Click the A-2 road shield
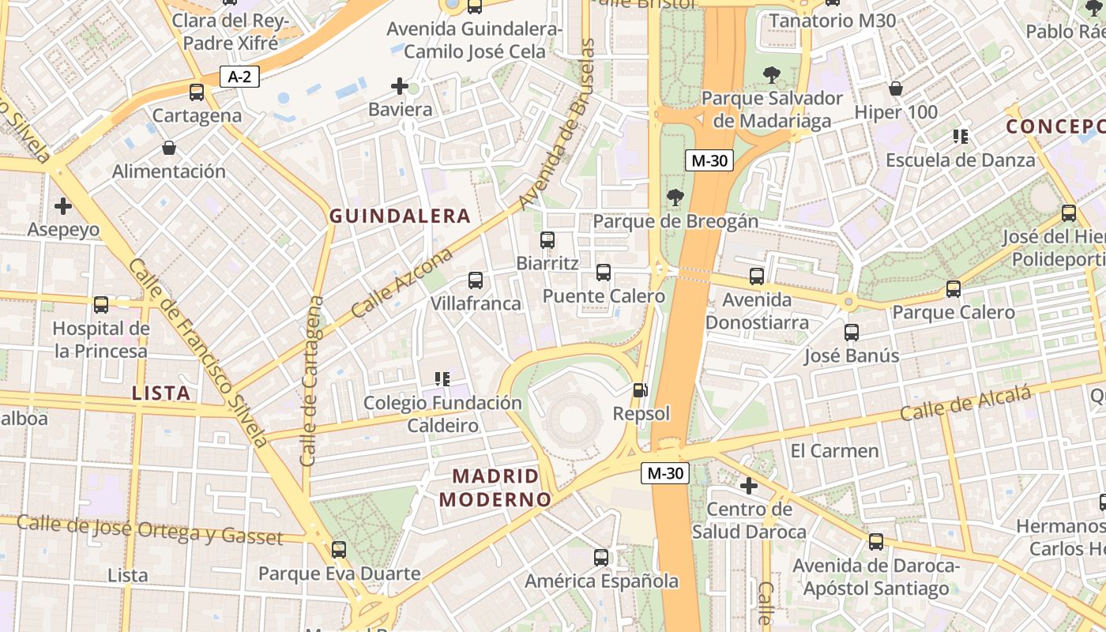click(x=239, y=77)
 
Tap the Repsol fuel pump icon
click(x=641, y=389)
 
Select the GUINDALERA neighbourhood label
click(x=400, y=216)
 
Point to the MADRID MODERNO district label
click(x=495, y=487)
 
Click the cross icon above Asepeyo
click(x=63, y=207)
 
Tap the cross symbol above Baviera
click(x=400, y=86)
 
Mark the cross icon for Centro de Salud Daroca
click(x=748, y=485)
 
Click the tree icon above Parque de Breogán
click(x=675, y=197)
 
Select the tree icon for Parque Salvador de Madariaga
click(x=772, y=75)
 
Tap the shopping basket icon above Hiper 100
click(x=896, y=88)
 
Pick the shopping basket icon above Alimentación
click(x=168, y=148)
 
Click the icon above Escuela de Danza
click(x=961, y=137)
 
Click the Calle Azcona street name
click(x=402, y=282)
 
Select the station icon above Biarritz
click(x=547, y=240)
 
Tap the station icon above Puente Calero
click(x=604, y=273)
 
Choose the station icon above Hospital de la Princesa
click(x=101, y=305)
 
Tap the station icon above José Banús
click(x=851, y=333)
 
